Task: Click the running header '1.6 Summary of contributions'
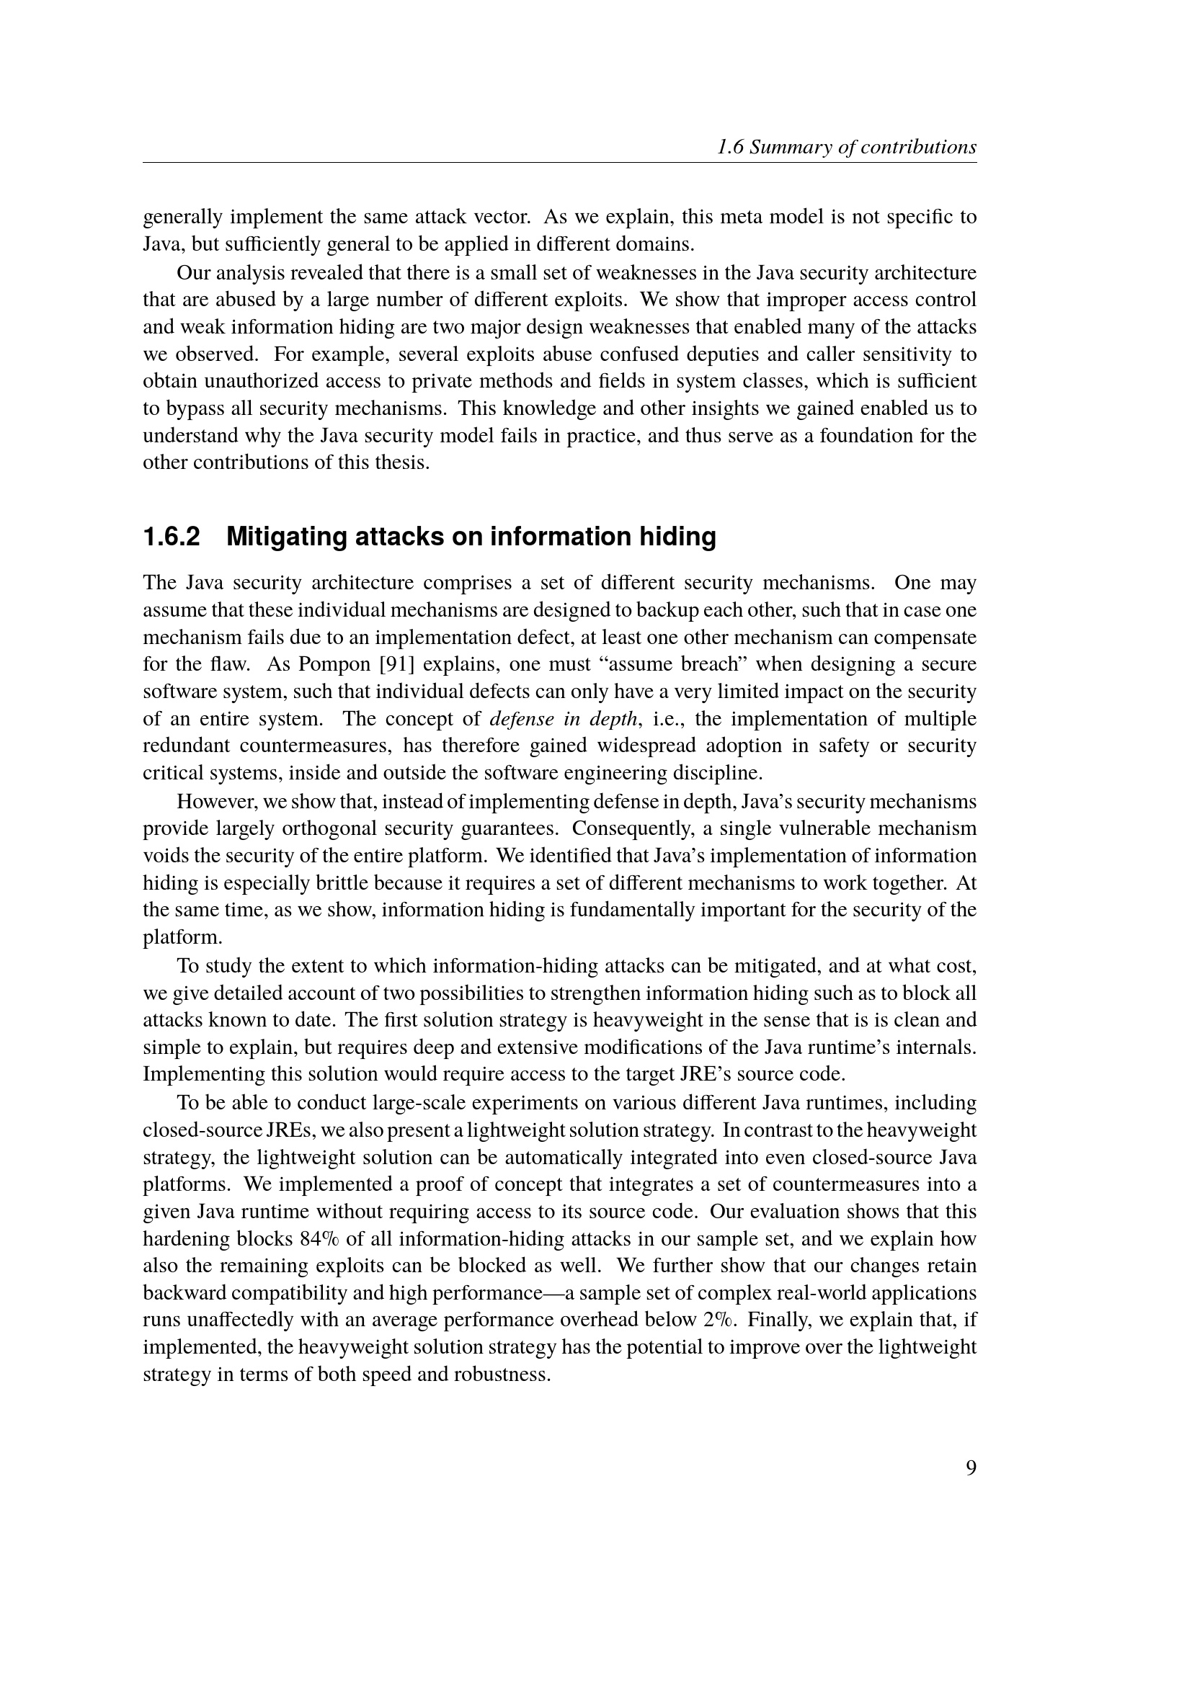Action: pos(846,148)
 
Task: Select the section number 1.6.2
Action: pos(171,537)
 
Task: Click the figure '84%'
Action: pos(319,1239)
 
